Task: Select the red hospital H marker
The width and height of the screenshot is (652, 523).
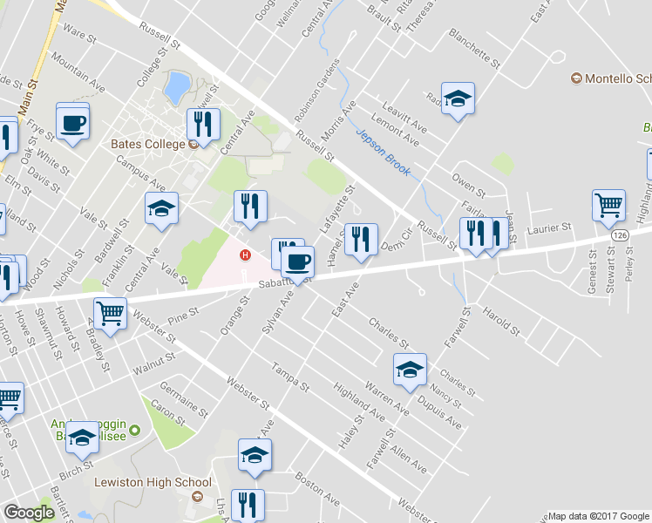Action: (246, 255)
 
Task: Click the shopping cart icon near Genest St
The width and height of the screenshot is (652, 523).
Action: (608, 206)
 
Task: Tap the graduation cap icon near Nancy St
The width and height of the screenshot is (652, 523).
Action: (409, 369)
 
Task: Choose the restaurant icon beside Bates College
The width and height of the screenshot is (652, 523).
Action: (203, 124)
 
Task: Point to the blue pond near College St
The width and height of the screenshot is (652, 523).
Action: (176, 85)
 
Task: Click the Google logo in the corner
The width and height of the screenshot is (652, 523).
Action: (29, 513)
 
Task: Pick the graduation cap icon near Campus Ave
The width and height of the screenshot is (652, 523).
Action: (161, 208)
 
